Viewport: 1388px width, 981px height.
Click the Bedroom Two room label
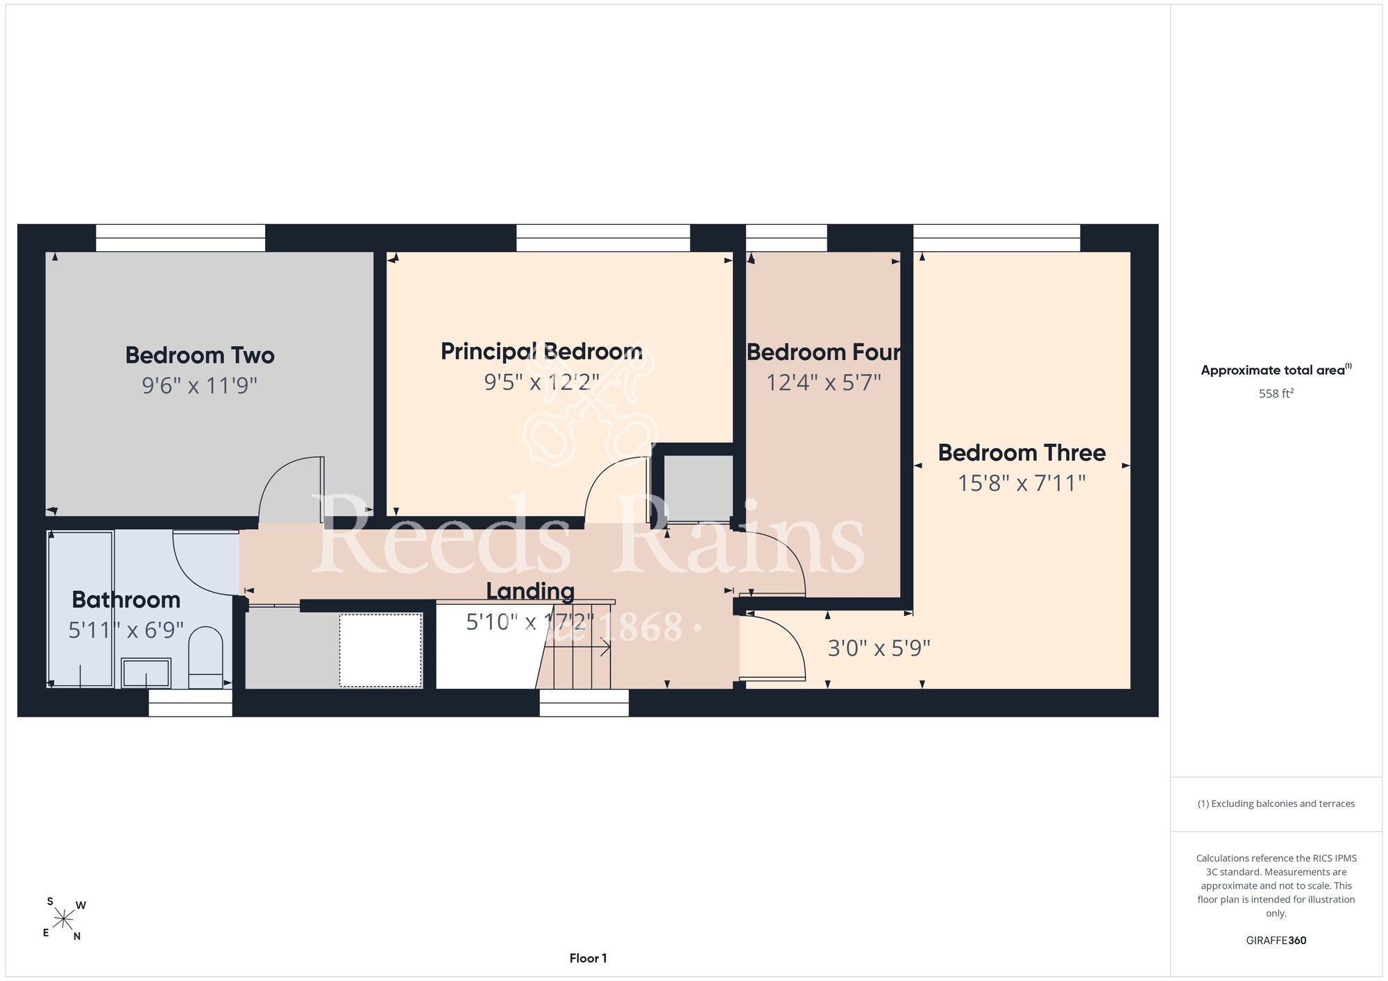click(200, 355)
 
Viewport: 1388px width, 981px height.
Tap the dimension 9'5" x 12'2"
click(542, 382)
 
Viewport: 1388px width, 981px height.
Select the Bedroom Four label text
click(824, 352)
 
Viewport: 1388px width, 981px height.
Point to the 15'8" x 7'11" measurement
click(1022, 483)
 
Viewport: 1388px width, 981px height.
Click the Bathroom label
click(126, 599)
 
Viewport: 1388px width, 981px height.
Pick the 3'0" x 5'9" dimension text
click(879, 648)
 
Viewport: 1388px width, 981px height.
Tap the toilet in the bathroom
click(205, 657)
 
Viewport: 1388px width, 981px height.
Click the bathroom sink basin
click(146, 673)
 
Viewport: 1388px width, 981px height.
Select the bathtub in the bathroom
click(81, 609)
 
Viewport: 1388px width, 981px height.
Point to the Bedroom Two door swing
click(291, 489)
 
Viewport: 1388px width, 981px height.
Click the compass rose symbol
click(64, 920)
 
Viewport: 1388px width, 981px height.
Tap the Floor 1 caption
click(588, 958)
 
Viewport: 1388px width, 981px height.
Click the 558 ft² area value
click(1276, 393)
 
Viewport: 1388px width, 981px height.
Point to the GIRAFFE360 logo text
click(1276, 941)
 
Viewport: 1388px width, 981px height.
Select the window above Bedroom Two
click(180, 238)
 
